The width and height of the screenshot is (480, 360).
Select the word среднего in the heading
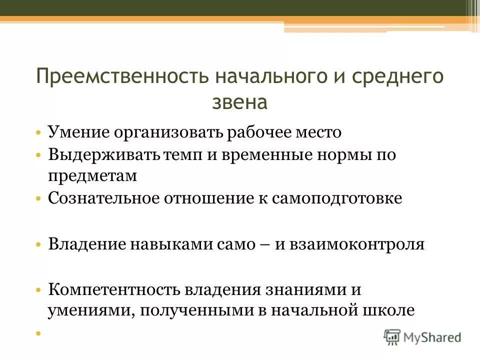point(395,78)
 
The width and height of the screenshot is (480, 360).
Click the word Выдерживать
point(102,154)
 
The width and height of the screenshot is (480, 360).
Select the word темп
point(180,154)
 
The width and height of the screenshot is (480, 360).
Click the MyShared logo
point(422,336)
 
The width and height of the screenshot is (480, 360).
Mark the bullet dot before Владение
point(39,245)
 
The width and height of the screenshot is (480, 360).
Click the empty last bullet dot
point(39,332)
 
